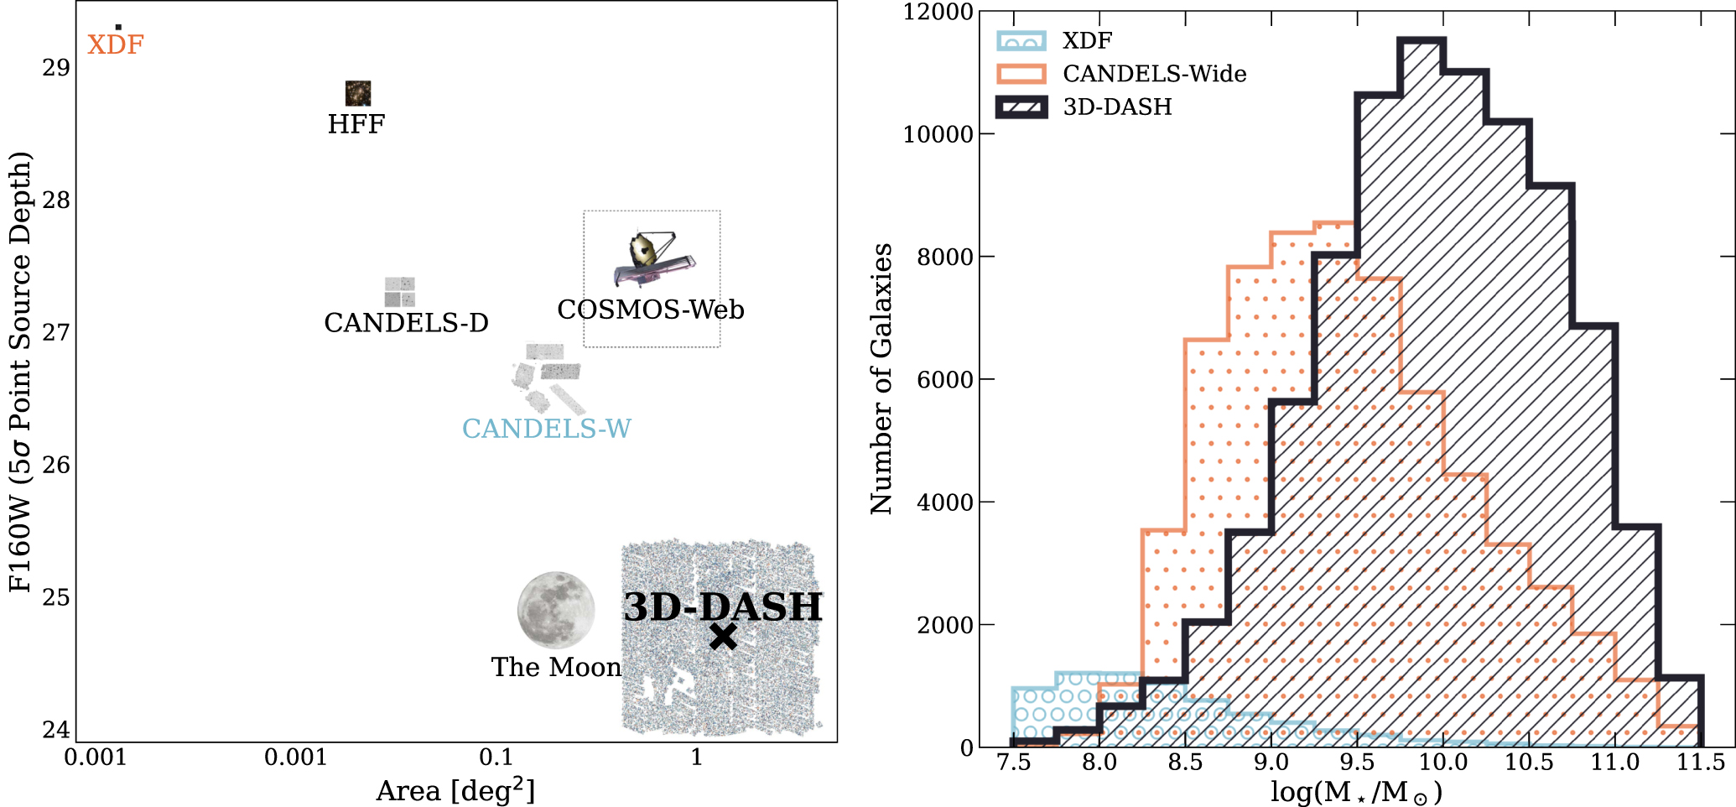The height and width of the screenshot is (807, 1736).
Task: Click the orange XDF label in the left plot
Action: pyautogui.click(x=116, y=44)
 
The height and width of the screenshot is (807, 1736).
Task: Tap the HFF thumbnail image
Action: pyautogui.click(x=358, y=93)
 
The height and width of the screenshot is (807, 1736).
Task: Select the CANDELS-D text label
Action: pyautogui.click(x=406, y=323)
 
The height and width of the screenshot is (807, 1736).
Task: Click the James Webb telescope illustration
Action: pyautogui.click(x=653, y=258)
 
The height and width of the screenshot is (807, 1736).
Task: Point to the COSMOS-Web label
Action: pyautogui.click(x=651, y=310)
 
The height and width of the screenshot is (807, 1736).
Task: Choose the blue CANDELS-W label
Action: pyautogui.click(x=547, y=429)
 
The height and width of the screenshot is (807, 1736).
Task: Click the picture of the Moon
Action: pyautogui.click(x=555, y=611)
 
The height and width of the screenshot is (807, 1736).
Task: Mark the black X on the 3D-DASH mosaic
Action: pyautogui.click(x=723, y=637)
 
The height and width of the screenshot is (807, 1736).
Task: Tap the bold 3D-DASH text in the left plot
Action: pyautogui.click(x=723, y=607)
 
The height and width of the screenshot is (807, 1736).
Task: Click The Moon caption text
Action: pyautogui.click(x=556, y=668)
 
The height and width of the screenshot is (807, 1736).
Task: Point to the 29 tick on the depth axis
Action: pyautogui.click(x=56, y=68)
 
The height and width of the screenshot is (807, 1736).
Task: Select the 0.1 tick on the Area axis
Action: pyautogui.click(x=496, y=758)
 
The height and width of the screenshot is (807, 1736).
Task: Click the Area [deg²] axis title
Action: pyautogui.click(x=455, y=790)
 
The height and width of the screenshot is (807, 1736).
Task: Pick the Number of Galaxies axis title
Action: pyautogui.click(x=881, y=378)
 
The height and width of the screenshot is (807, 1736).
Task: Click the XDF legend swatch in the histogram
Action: pyautogui.click(x=1021, y=41)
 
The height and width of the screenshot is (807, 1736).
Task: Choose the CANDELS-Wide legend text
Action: pyautogui.click(x=1154, y=74)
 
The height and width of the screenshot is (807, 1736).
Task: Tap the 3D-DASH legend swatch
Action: pyautogui.click(x=1021, y=107)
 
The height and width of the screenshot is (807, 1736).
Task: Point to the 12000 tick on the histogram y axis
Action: pyautogui.click(x=938, y=13)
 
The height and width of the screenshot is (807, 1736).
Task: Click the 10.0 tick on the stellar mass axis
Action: pyautogui.click(x=1442, y=763)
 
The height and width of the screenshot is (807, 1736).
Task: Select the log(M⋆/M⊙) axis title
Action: pyautogui.click(x=1356, y=792)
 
